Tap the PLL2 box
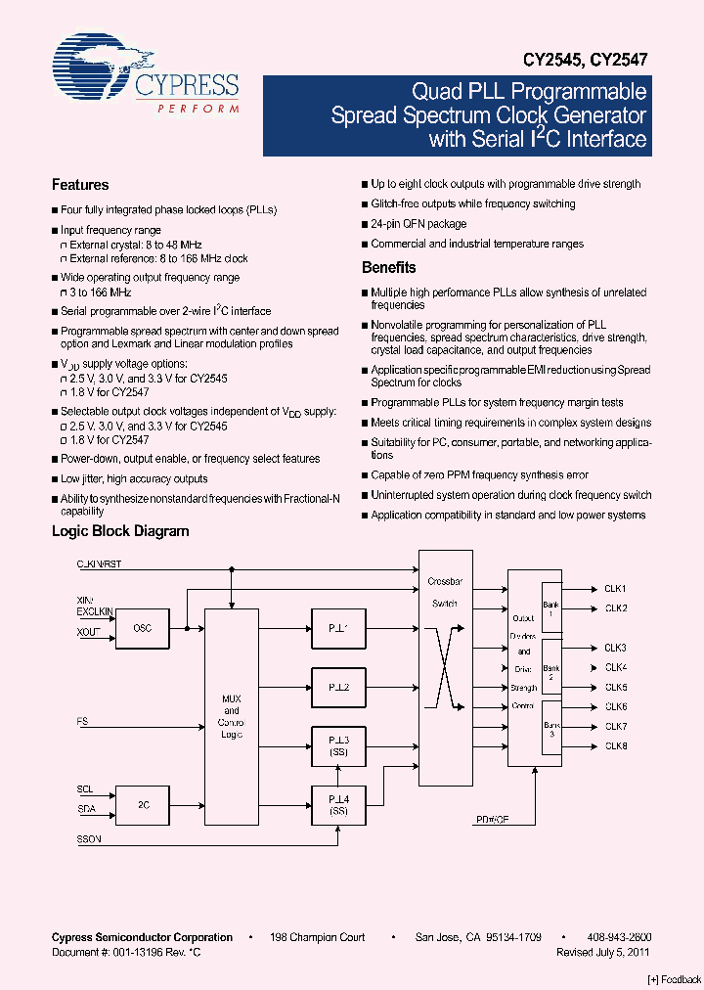point(338,688)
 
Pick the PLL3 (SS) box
point(338,747)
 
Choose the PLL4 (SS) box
point(338,805)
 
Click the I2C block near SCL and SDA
point(142,805)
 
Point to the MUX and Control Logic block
point(232,717)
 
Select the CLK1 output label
point(615,589)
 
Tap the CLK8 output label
point(615,746)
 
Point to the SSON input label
point(89,839)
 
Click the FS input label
point(82,722)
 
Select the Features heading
point(80,185)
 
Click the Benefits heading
point(388,267)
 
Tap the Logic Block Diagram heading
point(120,531)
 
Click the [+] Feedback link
point(675,979)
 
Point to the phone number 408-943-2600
point(619,937)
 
